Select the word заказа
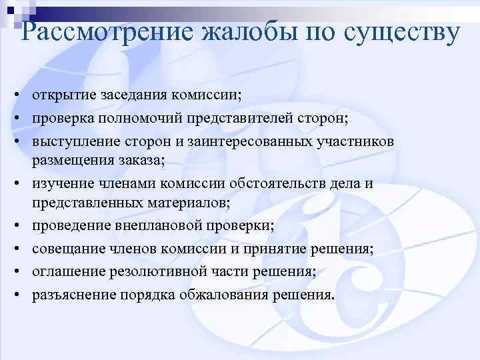[x=141, y=160]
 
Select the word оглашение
[x=64, y=271]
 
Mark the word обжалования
[x=223, y=294]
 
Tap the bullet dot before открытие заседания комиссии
[x=13, y=97]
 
